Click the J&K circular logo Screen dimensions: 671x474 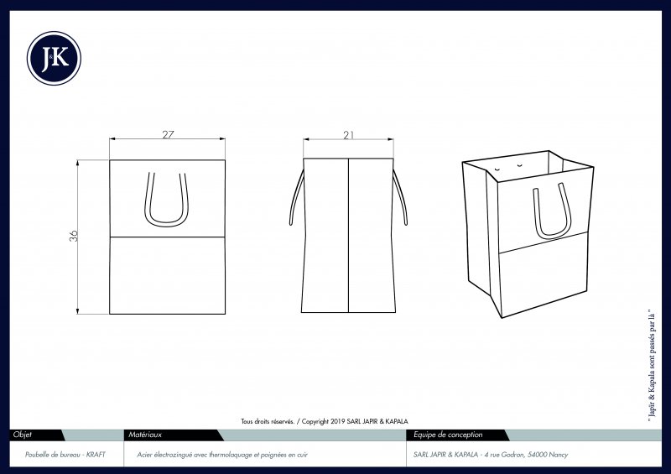tap(54, 58)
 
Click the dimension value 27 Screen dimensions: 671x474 tap(168, 134)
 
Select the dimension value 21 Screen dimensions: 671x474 tap(349, 135)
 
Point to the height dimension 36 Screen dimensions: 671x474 tap(74, 236)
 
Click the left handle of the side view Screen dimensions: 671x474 tap(296, 197)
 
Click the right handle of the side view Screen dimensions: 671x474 tap(400, 197)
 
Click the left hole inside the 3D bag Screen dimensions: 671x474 tap(497, 169)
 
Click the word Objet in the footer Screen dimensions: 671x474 tap(23, 435)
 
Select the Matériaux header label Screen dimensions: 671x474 tap(145, 435)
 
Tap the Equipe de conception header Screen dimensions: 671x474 tap(448, 435)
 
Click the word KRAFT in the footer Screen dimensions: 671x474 tap(96, 455)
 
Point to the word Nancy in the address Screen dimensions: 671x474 tap(559, 455)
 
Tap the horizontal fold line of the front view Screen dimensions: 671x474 tap(167, 237)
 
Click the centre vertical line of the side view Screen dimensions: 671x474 tap(348, 236)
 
